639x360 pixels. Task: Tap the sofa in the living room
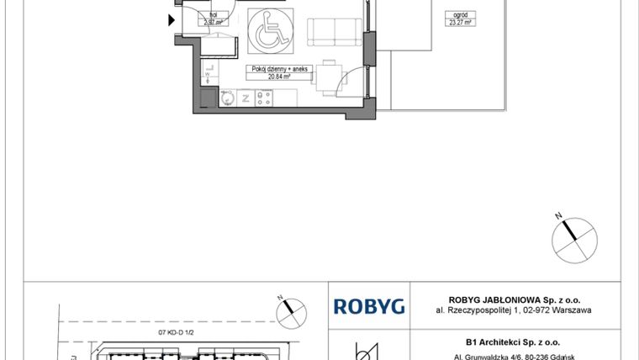(x=334, y=31)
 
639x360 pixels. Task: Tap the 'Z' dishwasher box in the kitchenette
(x=245, y=98)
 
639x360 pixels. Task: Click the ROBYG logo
(x=369, y=306)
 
